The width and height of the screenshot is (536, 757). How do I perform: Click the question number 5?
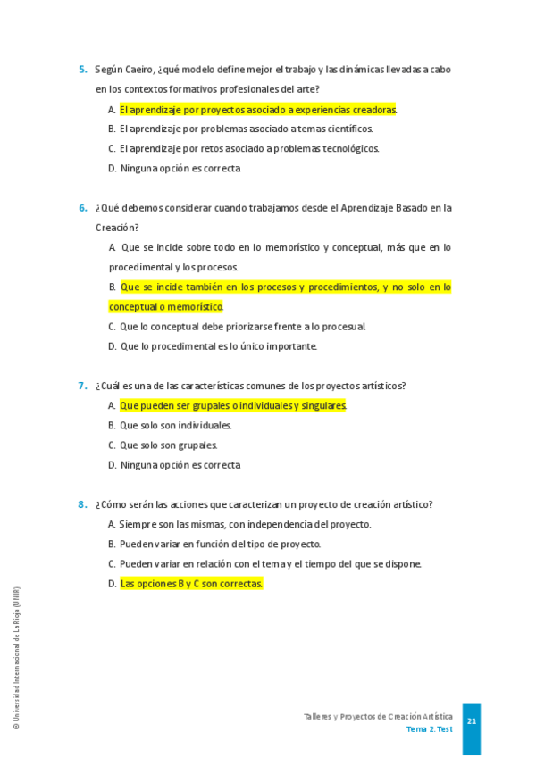[x=82, y=70]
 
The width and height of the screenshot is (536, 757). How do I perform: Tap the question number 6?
[x=82, y=208]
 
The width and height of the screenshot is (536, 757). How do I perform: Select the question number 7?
[x=82, y=386]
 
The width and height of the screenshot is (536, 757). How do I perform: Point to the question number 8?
[x=82, y=504]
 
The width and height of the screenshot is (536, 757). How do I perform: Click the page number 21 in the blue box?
[x=471, y=721]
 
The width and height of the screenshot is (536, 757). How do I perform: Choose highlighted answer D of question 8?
[x=191, y=584]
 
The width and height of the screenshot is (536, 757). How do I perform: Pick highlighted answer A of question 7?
[x=232, y=405]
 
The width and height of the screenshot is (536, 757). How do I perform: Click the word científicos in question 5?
[x=348, y=129]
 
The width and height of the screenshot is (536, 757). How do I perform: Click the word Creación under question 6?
[x=114, y=228]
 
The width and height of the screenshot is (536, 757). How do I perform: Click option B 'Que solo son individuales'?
[x=170, y=426]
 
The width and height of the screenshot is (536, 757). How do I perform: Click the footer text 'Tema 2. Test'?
[x=429, y=729]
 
